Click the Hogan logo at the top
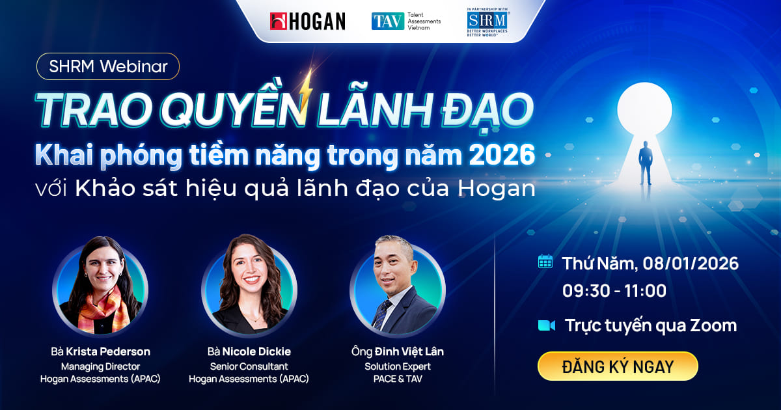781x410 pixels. [x=307, y=21]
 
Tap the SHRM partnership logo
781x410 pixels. [x=487, y=22]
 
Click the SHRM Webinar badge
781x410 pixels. [x=108, y=66]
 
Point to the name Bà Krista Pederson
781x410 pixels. [x=100, y=351]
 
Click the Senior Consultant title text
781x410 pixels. [x=249, y=366]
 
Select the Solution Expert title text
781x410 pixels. [x=397, y=366]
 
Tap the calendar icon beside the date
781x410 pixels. [x=545, y=262]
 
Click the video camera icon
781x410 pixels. [x=546, y=325]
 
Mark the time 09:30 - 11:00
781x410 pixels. [x=614, y=291]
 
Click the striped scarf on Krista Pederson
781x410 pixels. [x=98, y=309]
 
